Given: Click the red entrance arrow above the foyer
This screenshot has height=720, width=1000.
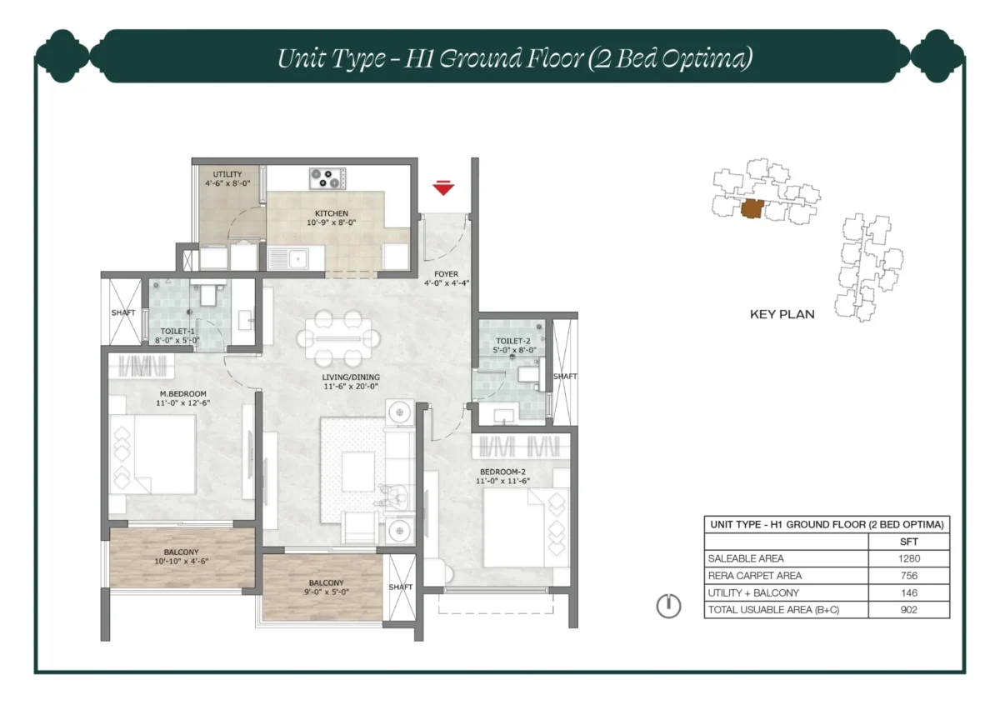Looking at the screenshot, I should coord(444,188).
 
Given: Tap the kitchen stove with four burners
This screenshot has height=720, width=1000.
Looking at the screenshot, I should coord(327,178).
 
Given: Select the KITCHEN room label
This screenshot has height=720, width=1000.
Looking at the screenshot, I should coord(331,213).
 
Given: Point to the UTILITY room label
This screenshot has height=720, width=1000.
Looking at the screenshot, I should coord(227,173).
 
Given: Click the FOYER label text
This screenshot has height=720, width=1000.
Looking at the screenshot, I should coord(446,274).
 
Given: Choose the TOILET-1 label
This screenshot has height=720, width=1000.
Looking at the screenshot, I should coord(178,331).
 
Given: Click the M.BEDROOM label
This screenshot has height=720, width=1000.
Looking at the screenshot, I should coord(183,394).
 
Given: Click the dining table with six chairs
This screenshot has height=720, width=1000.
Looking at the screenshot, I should coord(340,337).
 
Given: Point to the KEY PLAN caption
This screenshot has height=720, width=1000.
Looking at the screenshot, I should coord(782,315).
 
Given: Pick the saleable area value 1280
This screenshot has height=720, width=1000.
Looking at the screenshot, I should coord(908,559).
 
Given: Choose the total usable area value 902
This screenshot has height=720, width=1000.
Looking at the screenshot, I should coord(908,610).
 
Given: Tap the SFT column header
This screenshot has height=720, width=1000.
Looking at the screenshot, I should coord(908,542).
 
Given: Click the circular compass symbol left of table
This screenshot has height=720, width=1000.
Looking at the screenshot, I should coord(668,606).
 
